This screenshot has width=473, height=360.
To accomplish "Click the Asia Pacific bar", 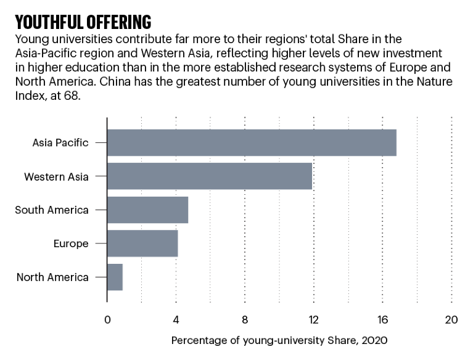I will [252, 143].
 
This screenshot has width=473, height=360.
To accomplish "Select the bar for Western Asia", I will [210, 176].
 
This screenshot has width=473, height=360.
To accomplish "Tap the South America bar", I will [147, 210].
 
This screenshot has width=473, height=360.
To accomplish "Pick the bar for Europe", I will [142, 243].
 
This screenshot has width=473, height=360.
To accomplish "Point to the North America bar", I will [115, 277].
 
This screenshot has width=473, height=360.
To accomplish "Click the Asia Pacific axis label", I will [60, 143].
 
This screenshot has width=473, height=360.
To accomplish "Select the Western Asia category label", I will [56, 177].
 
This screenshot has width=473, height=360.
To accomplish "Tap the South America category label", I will [52, 210].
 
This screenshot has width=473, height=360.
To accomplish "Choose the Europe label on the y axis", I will [71, 243].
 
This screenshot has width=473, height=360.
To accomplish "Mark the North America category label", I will [52, 277].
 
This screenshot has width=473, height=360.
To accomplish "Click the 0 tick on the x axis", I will [107, 320].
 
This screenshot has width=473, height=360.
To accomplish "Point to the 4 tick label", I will [176, 320].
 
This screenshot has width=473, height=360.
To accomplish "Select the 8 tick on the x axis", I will [245, 320].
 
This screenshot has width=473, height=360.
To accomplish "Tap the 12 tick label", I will [314, 320].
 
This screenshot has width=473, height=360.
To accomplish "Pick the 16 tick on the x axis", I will [382, 320].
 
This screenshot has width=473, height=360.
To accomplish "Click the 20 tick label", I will [451, 320].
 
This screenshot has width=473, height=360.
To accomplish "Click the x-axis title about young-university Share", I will [279, 340].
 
